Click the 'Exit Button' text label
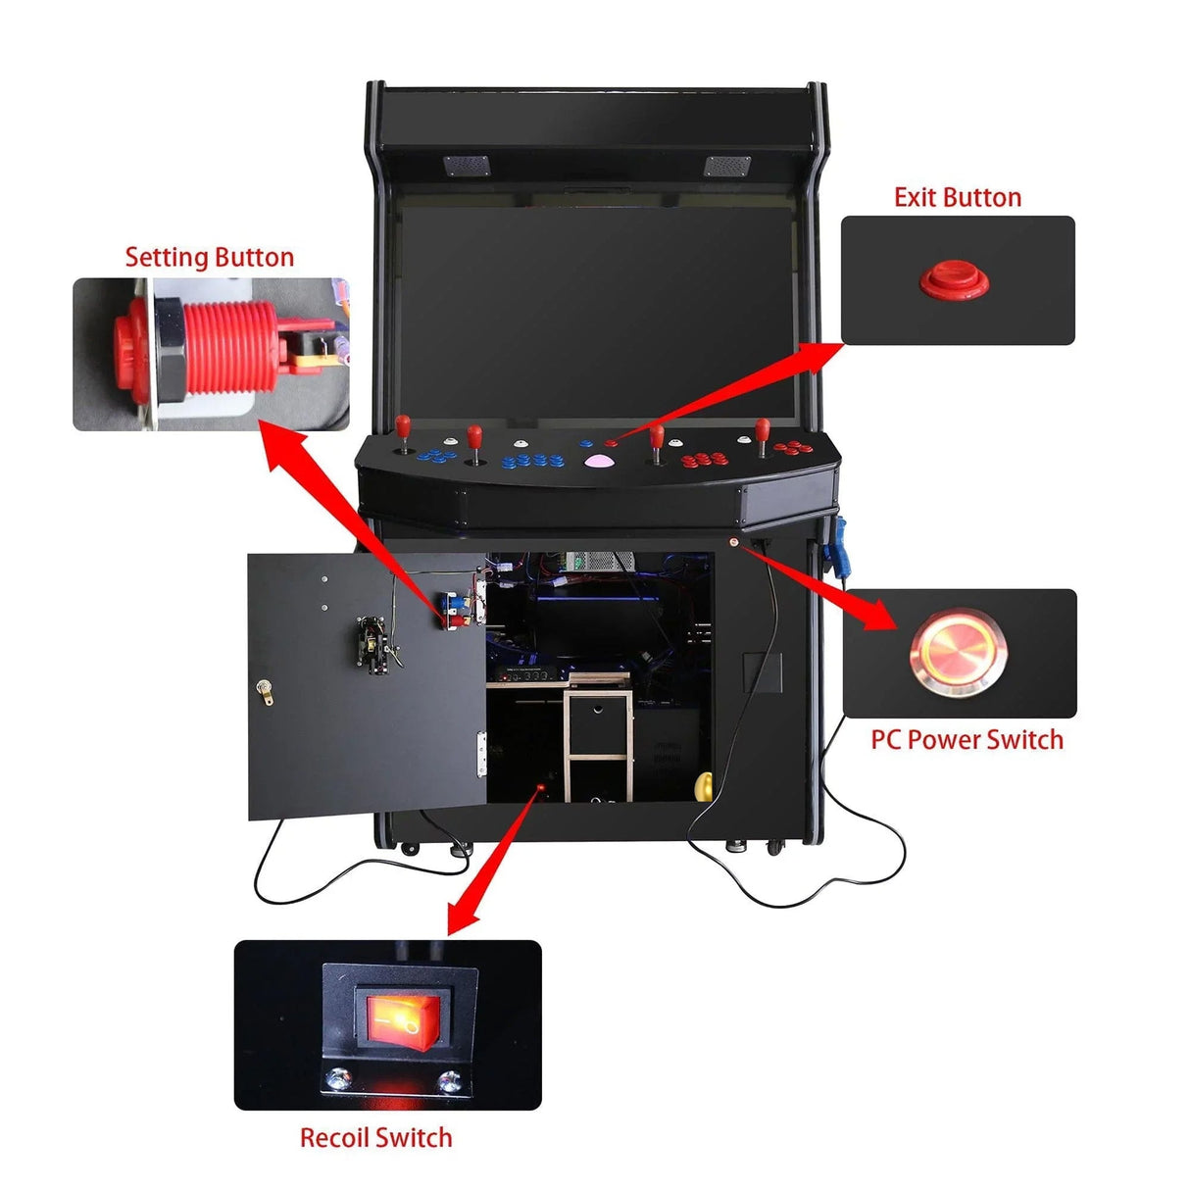click(957, 197)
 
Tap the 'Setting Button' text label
click(209, 257)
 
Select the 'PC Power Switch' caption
click(967, 739)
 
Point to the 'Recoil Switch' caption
click(375, 1137)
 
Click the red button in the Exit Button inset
click(954, 278)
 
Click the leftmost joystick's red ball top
click(402, 423)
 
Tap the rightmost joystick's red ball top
click(762, 426)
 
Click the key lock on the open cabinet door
click(263, 690)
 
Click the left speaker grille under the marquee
click(466, 165)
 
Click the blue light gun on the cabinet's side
click(836, 550)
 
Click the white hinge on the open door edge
click(480, 751)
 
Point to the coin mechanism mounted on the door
click(376, 645)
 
